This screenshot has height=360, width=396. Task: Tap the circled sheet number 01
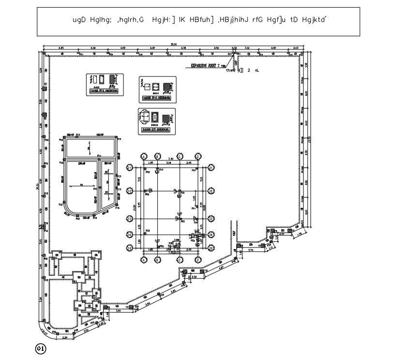pos(40,348)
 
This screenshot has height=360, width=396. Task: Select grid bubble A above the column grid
pos(144,157)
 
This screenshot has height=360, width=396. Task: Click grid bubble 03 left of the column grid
pos(130,219)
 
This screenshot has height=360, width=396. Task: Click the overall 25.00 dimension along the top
pos(173,45)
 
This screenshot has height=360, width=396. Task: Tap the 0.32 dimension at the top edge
pos(234,48)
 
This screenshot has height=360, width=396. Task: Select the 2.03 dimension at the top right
pos(296,48)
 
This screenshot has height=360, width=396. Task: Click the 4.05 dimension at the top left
pos(61,48)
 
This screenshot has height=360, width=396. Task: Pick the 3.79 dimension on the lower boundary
pos(251,251)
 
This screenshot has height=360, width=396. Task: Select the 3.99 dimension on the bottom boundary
pos(119,311)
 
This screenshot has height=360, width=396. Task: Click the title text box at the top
pos(198,21)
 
